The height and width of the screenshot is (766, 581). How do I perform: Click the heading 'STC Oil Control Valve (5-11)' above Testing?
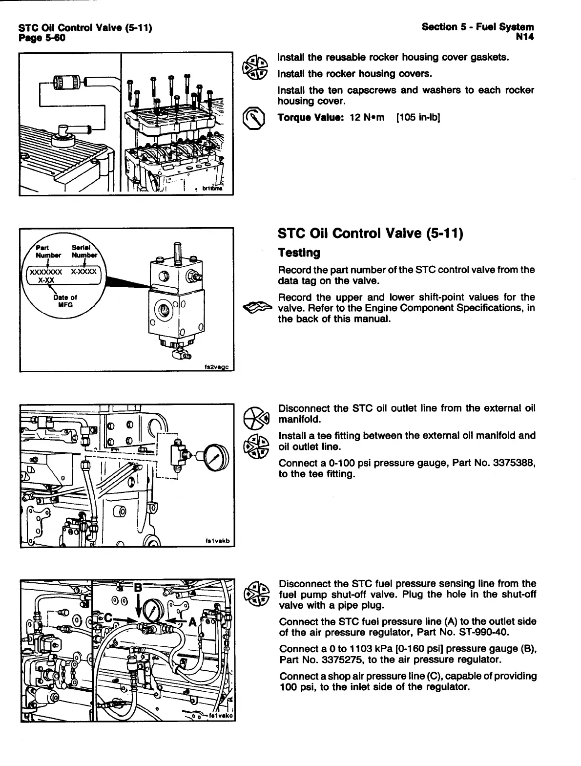370,234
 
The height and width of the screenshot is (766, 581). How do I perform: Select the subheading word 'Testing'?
299,253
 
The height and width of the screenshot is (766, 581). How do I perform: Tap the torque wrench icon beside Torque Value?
255,118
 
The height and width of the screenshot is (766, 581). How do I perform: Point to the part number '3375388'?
516,464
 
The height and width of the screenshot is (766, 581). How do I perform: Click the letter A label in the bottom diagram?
192,622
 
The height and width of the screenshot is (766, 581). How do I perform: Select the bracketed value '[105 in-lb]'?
418,117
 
